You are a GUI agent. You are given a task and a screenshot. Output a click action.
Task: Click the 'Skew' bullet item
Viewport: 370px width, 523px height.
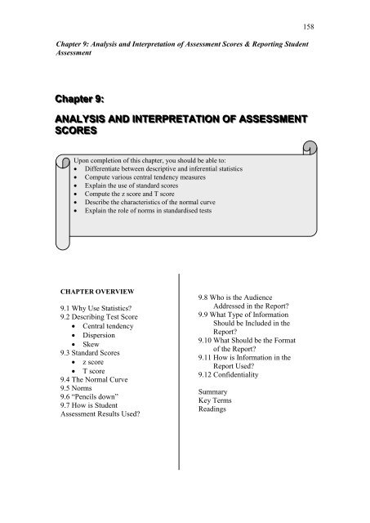click(x=95, y=351)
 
